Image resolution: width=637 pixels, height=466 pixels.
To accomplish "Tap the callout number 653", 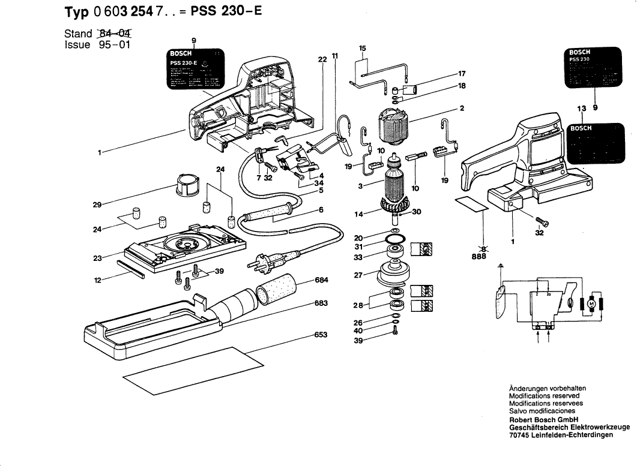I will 321,335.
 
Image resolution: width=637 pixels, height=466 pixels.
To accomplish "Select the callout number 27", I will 359,275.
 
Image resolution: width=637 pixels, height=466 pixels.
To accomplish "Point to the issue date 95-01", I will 114,44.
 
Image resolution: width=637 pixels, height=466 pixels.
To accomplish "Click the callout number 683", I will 321,303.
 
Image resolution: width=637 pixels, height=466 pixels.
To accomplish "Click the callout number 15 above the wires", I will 362,48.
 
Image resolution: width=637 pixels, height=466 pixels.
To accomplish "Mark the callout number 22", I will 322,59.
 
